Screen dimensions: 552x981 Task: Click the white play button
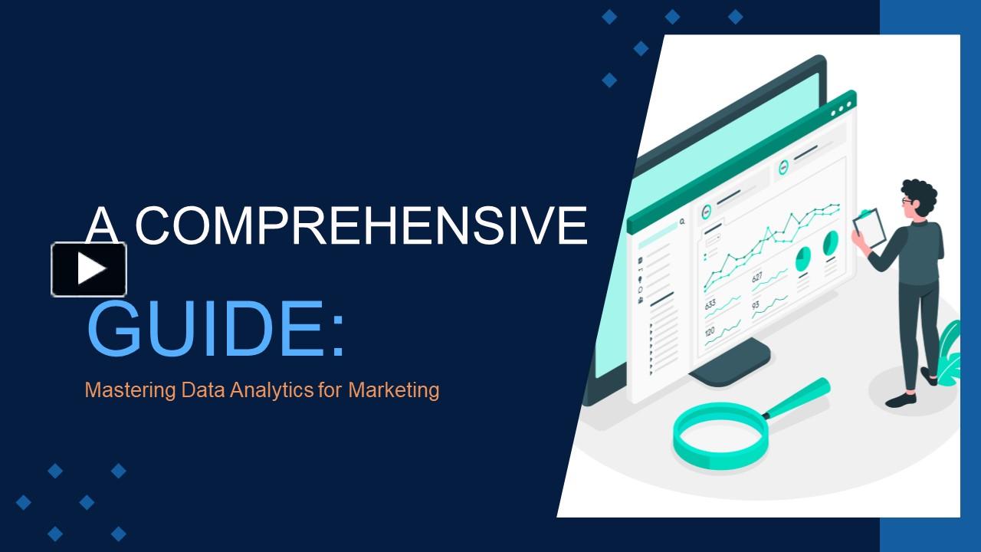[89, 269]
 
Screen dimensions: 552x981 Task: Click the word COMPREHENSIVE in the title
[360, 225]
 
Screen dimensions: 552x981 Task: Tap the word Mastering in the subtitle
[130, 390]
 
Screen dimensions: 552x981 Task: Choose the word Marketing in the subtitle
[393, 390]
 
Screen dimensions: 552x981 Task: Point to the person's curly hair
[918, 196]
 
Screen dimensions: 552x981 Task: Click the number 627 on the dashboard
[757, 278]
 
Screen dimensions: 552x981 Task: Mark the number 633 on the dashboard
[710, 304]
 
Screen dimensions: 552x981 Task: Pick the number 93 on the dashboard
[756, 305]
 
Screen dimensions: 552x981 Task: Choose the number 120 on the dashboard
[710, 331]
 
